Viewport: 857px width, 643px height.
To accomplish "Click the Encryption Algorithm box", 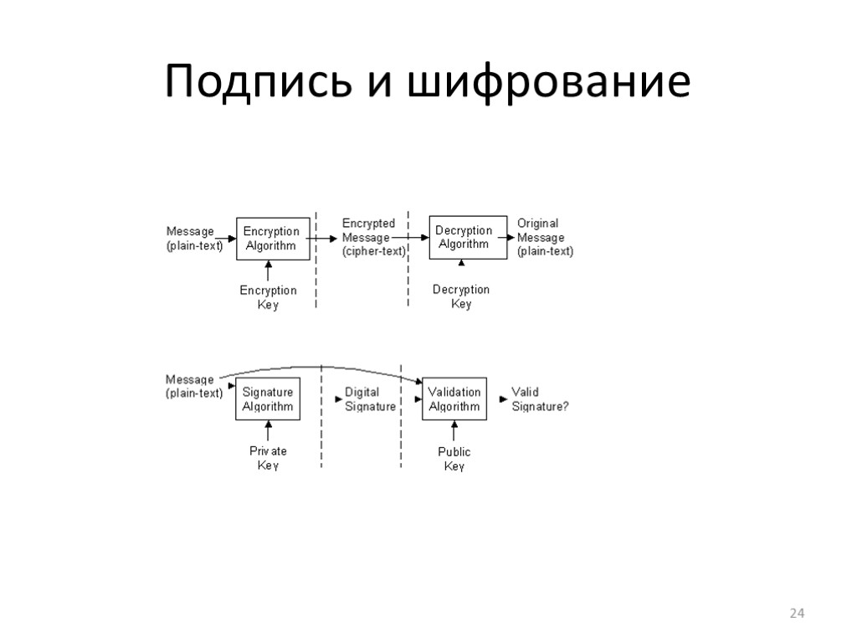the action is (270, 238).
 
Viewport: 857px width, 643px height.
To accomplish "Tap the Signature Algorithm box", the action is (268, 399).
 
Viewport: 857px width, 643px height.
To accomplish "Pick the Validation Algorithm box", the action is (454, 399).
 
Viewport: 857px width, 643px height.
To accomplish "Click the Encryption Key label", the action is (268, 297).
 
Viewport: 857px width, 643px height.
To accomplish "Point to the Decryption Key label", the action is (461, 296).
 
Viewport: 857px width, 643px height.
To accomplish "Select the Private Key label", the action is (268, 458).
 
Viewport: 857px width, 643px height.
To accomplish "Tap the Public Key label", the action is (454, 459).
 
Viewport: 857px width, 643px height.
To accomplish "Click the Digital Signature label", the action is (370, 399).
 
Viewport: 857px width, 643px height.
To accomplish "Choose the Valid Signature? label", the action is (540, 399).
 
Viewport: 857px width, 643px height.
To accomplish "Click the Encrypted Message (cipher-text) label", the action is (373, 237).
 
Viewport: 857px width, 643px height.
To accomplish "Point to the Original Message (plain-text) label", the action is (545, 237).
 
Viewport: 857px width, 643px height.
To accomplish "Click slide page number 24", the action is (797, 615).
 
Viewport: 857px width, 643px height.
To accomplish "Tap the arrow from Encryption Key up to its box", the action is (268, 270).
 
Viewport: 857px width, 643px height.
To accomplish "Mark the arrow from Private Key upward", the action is (268, 431).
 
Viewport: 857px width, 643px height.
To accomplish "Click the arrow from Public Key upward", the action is (454, 431).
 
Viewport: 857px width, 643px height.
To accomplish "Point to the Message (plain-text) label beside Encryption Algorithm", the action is (194, 238).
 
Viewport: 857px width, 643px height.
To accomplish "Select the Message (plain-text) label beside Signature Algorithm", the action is (194, 386).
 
